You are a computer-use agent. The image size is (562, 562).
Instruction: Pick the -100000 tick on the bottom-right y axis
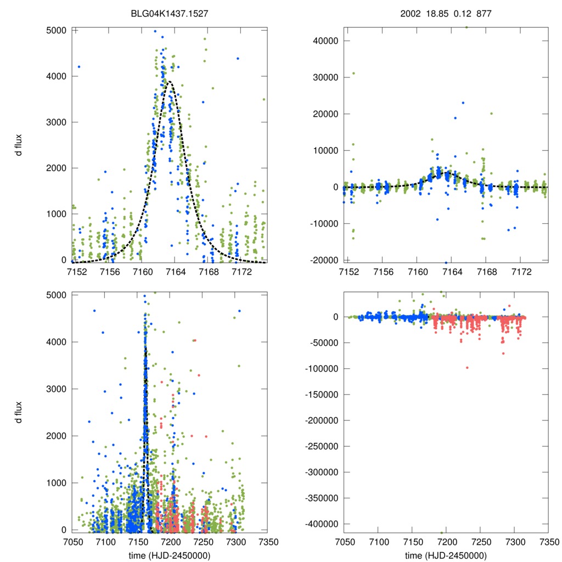click(x=319, y=368)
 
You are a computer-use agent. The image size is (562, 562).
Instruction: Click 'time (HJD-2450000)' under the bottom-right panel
click(x=446, y=555)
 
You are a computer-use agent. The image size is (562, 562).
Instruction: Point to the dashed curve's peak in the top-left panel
click(x=169, y=81)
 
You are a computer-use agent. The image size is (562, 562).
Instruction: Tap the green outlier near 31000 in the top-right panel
click(x=353, y=73)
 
